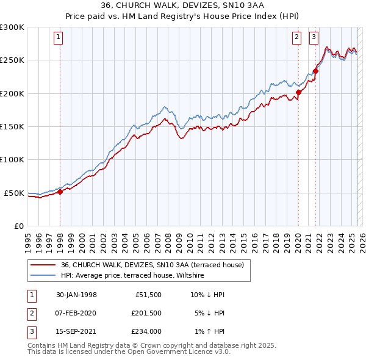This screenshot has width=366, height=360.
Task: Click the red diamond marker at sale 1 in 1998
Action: tap(60, 192)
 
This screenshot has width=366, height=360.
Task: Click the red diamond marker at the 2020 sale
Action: tap(298, 93)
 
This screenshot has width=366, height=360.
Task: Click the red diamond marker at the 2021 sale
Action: tap(316, 71)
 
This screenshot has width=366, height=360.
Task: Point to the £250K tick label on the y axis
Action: tap(12, 60)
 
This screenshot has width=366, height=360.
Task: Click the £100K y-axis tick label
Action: tap(12, 160)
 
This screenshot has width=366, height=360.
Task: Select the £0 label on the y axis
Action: tap(18, 226)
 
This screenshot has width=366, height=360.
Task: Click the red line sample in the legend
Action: tap(43, 265)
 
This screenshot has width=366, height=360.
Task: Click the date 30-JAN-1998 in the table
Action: tap(76, 295)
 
